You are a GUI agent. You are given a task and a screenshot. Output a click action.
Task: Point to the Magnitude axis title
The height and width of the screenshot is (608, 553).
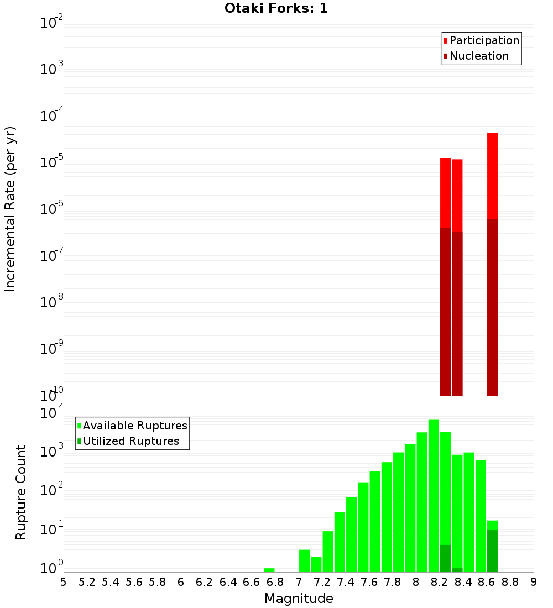click(299, 599)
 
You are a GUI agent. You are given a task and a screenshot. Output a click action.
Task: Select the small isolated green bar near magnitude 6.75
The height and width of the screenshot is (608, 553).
click(269, 570)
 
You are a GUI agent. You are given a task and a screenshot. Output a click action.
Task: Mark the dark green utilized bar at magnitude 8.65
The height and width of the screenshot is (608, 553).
click(492, 551)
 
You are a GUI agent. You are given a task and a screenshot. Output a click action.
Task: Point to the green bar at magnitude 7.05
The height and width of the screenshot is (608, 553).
click(304, 560)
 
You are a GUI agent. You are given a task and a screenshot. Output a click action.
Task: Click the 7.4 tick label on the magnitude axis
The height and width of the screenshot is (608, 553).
click(346, 581)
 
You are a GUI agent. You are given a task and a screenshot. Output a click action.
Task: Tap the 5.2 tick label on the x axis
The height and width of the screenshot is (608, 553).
click(87, 581)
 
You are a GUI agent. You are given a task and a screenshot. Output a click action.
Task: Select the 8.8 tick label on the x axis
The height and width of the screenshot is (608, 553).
click(510, 581)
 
